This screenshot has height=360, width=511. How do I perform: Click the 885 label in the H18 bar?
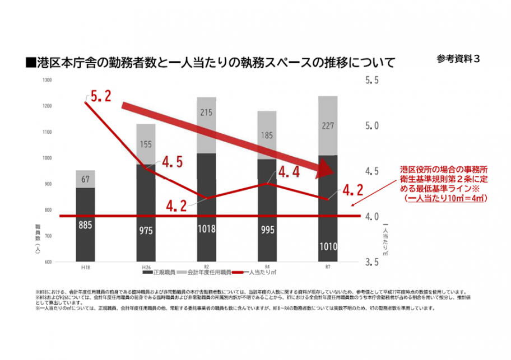point(85,226)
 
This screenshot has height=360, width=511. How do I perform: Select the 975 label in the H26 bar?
point(146,230)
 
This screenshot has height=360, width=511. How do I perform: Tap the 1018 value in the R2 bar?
point(206,229)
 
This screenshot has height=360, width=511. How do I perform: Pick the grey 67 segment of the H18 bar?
point(85,179)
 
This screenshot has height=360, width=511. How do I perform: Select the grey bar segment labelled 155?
point(146,144)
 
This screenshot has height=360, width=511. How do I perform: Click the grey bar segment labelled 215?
point(206,113)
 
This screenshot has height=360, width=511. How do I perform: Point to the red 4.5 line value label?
point(172,163)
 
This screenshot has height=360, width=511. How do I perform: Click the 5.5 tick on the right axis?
point(373,81)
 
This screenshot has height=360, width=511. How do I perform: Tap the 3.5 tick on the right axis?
point(373,262)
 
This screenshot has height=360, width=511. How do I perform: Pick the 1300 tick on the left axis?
point(47,81)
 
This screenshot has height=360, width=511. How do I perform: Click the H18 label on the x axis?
point(85,268)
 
